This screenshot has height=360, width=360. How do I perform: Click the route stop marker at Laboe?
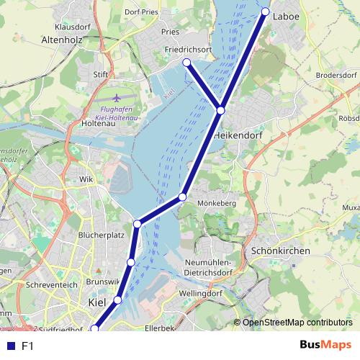coord(265,12)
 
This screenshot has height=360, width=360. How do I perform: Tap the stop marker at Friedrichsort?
coord(187,63)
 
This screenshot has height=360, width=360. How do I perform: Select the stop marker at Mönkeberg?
coord(183,197)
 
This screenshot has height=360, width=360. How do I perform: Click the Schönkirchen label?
coord(281,251)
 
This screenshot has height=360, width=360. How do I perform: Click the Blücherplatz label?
coord(102,235)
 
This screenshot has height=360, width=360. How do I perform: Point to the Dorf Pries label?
coord(140,11)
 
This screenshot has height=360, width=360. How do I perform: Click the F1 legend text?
coord(27,346)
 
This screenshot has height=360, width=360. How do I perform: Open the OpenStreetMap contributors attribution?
coord(297,323)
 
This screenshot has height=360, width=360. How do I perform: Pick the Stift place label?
coord(100,73)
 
